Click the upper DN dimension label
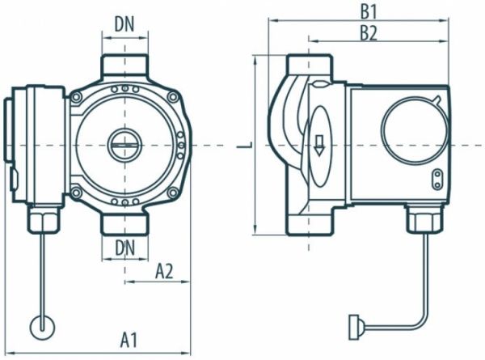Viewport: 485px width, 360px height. (124, 24)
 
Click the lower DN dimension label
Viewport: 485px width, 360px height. (124, 245)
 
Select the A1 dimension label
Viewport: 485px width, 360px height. (127, 339)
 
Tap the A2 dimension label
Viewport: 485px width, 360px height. (165, 270)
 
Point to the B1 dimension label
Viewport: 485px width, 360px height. (369, 13)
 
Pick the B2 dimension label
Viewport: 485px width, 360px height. (369, 32)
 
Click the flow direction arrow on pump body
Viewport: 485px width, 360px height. (319, 145)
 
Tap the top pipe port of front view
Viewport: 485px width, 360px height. (124, 67)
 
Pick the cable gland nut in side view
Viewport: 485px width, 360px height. (421, 217)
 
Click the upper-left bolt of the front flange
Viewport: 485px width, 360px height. (77, 98)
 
